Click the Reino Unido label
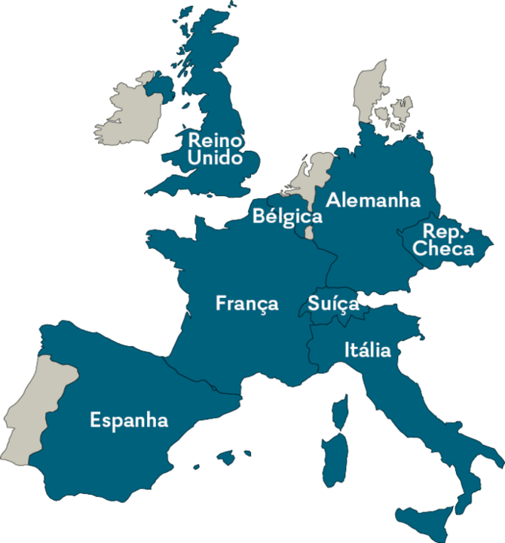pyautogui.click(x=216, y=149)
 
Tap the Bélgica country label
pyautogui.click(x=287, y=217)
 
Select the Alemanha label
pyautogui.click(x=372, y=201)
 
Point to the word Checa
pyautogui.click(x=444, y=249)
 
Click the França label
pyautogui.click(x=246, y=303)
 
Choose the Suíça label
pyautogui.click(x=333, y=304)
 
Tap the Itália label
pyautogui.click(x=367, y=350)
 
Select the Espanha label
pyautogui.click(x=129, y=420)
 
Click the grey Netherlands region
pyautogui.click(x=313, y=177)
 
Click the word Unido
pyautogui.click(x=216, y=158)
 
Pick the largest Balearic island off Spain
pyautogui.click(x=226, y=457)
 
